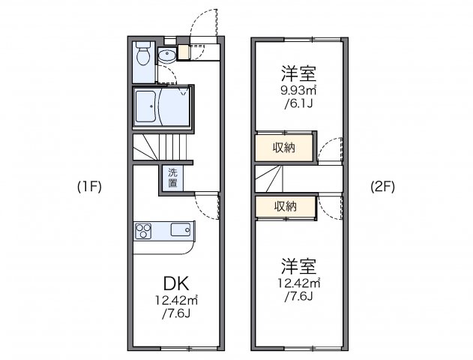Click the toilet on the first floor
pos(143,56)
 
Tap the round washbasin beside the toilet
pos(166,54)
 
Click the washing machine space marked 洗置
pos(172,177)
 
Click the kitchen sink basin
pos(181,229)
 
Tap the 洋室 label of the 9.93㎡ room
pos(298,74)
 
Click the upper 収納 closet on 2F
pos(283,147)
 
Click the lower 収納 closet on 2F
pos(283,206)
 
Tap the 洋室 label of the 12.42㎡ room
pos(298,266)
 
